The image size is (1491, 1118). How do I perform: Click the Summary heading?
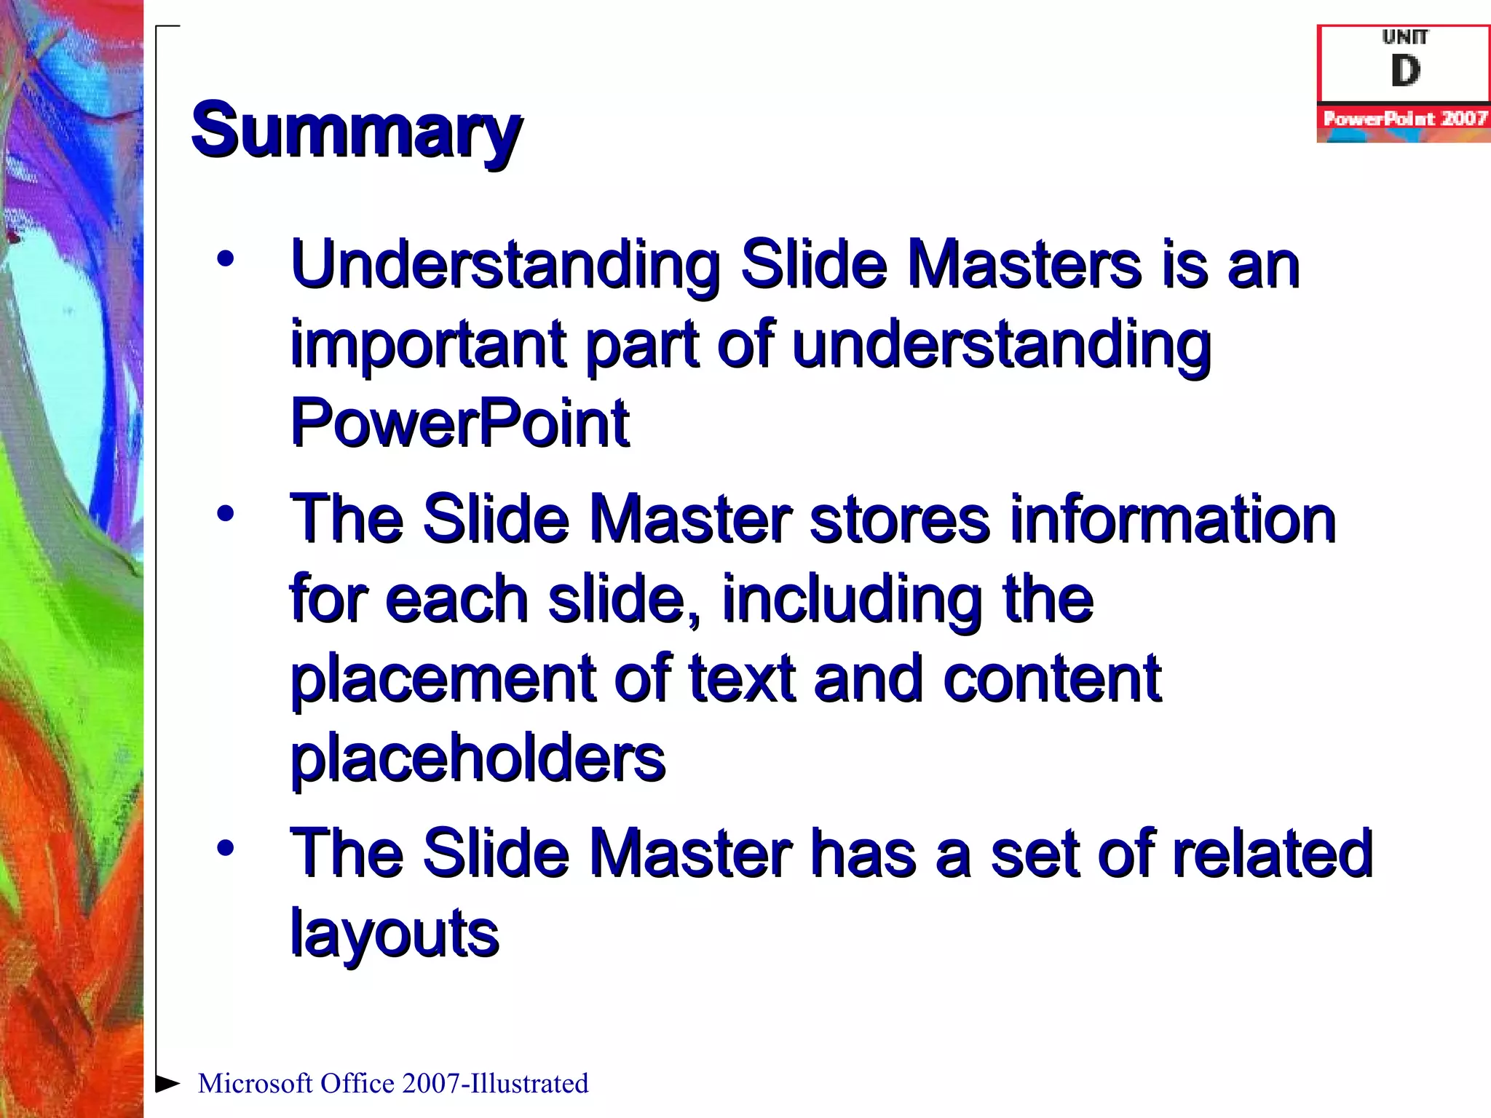click(356, 131)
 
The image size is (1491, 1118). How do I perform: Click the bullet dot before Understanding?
click(226, 259)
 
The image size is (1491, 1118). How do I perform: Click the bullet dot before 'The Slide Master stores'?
click(226, 514)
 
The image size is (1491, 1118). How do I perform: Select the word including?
click(852, 600)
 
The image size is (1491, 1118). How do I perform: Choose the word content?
click(1051, 678)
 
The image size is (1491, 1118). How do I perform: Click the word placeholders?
click(478, 758)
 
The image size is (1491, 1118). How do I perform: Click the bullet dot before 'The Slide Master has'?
click(226, 848)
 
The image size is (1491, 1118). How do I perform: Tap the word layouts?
click(395, 935)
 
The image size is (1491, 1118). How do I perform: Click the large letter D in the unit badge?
click(1405, 71)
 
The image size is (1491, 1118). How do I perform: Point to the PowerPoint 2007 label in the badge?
click(1404, 119)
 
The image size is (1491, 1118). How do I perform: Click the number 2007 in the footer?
click(431, 1084)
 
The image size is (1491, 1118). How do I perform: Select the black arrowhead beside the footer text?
click(167, 1083)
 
